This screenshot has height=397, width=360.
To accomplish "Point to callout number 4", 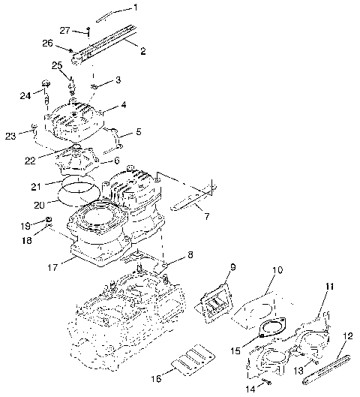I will [x=124, y=106].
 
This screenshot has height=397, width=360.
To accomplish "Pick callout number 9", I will [x=233, y=266].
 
